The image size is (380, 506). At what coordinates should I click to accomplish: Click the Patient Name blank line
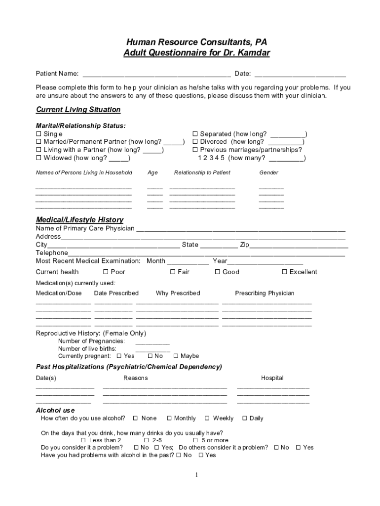point(156,75)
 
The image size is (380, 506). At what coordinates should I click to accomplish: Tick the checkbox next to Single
point(38,134)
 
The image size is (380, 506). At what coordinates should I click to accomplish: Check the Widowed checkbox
point(38,158)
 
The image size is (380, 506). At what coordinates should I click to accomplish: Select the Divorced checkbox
point(195,142)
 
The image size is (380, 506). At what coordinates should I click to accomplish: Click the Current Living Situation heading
point(78,110)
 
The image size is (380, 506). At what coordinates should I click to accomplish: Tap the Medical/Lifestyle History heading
point(79,219)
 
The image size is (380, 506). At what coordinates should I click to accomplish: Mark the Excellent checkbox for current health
point(284,272)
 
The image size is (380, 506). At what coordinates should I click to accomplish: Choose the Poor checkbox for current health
point(106,272)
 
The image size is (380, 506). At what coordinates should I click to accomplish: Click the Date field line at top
point(300,75)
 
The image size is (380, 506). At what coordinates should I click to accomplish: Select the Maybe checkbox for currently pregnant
point(176,356)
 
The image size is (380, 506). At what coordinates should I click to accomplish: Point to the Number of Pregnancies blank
point(152,341)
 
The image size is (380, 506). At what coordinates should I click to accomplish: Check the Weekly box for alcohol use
point(207,419)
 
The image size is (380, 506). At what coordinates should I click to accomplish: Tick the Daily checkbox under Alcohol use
point(244,419)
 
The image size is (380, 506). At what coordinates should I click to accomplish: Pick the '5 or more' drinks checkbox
point(195,440)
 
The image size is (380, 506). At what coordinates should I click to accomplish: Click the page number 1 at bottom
point(196,475)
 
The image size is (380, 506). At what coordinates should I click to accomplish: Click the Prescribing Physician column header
point(265,293)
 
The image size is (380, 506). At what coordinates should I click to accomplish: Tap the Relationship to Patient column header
point(202,172)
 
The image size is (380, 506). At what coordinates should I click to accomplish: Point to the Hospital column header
point(272,378)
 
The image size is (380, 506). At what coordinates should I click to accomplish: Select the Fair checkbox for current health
point(173,272)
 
